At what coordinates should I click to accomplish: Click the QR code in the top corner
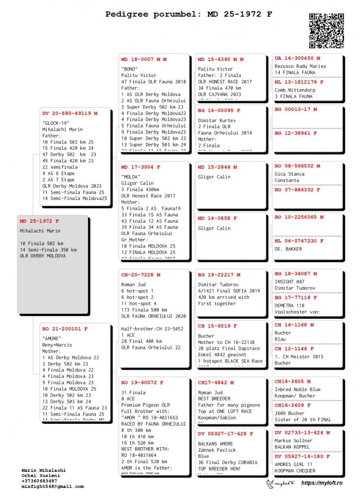326,31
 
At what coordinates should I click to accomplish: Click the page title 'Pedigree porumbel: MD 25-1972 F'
189,14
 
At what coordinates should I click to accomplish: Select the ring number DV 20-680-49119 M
70,113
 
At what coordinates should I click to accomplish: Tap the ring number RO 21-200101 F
65,329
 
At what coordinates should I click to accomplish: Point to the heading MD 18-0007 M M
144,59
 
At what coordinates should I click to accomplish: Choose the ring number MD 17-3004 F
141,167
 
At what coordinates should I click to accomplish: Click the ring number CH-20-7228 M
141,275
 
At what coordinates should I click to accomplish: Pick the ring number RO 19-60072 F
141,383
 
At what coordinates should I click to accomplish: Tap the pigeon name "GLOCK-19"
56,123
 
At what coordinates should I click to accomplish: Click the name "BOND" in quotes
129,69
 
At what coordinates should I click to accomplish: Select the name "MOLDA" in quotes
131,177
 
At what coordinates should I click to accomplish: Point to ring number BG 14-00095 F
219,110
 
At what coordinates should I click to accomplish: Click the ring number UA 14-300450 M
297,58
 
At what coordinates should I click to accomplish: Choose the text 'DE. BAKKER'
288,249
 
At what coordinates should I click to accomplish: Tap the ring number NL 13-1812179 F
299,82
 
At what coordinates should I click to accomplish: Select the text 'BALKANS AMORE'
216,444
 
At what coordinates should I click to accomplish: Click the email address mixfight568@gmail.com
53,486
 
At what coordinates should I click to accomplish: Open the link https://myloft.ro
322,483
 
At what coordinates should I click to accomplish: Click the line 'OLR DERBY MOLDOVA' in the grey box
43,256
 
